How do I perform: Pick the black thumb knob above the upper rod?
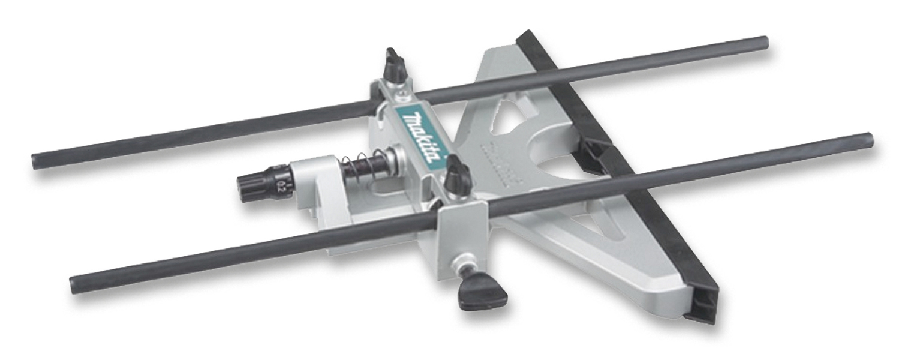395,64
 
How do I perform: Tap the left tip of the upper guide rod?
36,161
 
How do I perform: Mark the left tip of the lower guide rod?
74,284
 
